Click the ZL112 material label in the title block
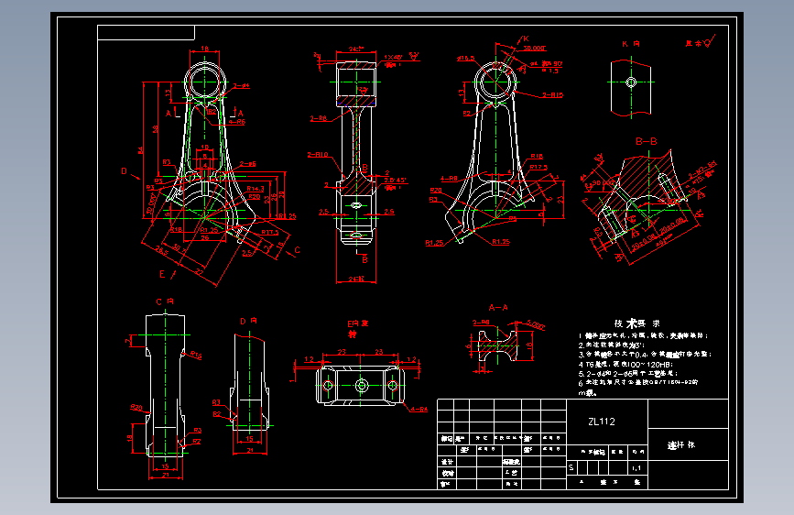click(x=602, y=422)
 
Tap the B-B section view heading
click(x=647, y=141)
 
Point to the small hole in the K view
click(x=631, y=82)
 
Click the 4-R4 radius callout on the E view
click(x=419, y=409)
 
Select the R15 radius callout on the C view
click(x=196, y=354)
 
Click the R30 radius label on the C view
click(x=136, y=408)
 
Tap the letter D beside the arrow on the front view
click(x=124, y=170)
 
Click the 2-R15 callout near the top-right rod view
click(x=552, y=94)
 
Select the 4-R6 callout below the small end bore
click(x=236, y=121)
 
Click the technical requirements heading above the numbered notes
click(x=632, y=323)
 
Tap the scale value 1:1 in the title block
click(x=636, y=468)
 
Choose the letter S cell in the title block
click(x=572, y=468)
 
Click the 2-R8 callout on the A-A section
click(x=480, y=323)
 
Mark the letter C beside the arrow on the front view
click(x=296, y=249)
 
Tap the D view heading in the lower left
click(x=247, y=322)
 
